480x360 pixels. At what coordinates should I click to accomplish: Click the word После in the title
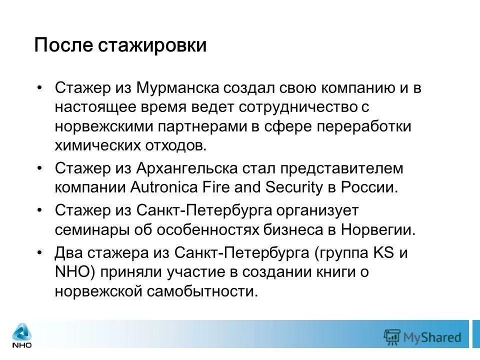coord(63,45)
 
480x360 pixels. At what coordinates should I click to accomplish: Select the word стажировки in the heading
coord(152,45)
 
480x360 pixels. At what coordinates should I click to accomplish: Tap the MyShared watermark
coord(422,336)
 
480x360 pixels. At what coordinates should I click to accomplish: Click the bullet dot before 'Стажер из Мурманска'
coord(40,88)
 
